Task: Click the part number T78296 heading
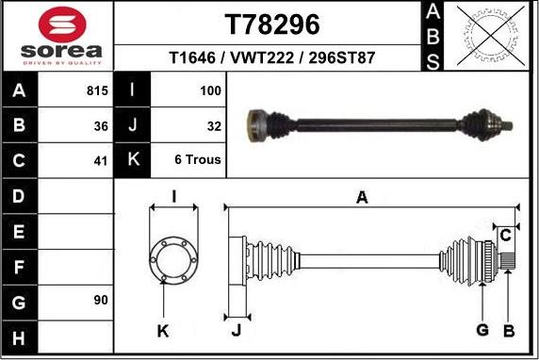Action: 272,23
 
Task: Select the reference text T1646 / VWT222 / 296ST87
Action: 272,57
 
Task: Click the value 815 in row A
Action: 96,91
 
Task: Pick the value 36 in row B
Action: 101,125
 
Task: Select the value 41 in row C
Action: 101,159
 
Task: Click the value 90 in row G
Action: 101,300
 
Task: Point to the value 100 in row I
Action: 210,91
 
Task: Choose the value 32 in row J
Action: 214,125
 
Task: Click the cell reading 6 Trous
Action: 198,159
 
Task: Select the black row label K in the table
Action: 132,159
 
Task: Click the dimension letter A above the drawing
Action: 361,197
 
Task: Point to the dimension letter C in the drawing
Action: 505,234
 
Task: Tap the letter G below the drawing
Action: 482,329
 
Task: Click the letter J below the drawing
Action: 236,330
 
